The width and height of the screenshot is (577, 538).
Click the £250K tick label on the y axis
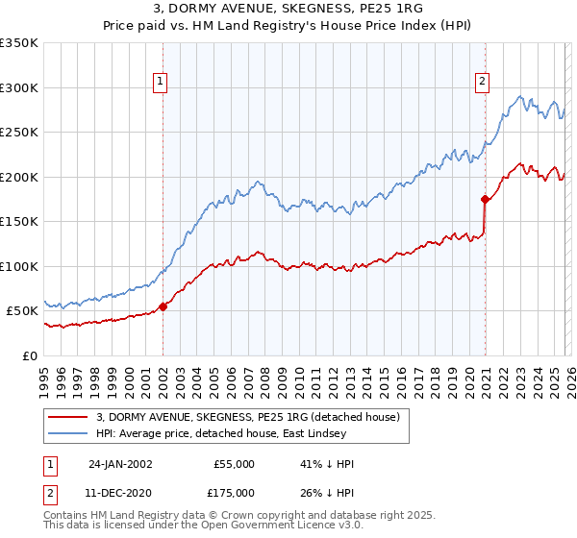(19, 133)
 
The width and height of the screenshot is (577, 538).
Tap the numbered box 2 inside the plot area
(481, 83)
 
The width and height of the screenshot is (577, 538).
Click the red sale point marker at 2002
(163, 306)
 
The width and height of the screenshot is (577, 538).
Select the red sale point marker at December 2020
(485, 200)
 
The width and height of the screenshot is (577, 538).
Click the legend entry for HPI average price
(254, 434)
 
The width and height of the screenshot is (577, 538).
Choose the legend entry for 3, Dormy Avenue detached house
(254, 417)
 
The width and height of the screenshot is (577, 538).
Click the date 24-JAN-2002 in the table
(120, 464)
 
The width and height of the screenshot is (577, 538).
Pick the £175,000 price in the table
(234, 492)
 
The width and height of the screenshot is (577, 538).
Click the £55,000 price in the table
(234, 464)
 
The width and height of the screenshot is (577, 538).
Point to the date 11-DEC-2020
(120, 492)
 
